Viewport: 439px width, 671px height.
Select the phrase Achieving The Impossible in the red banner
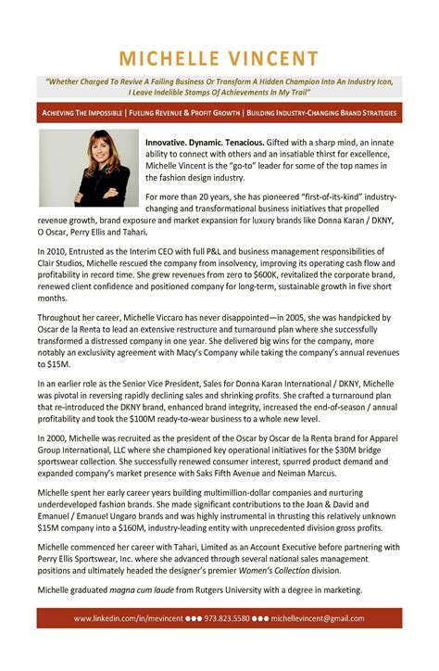point(82,113)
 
